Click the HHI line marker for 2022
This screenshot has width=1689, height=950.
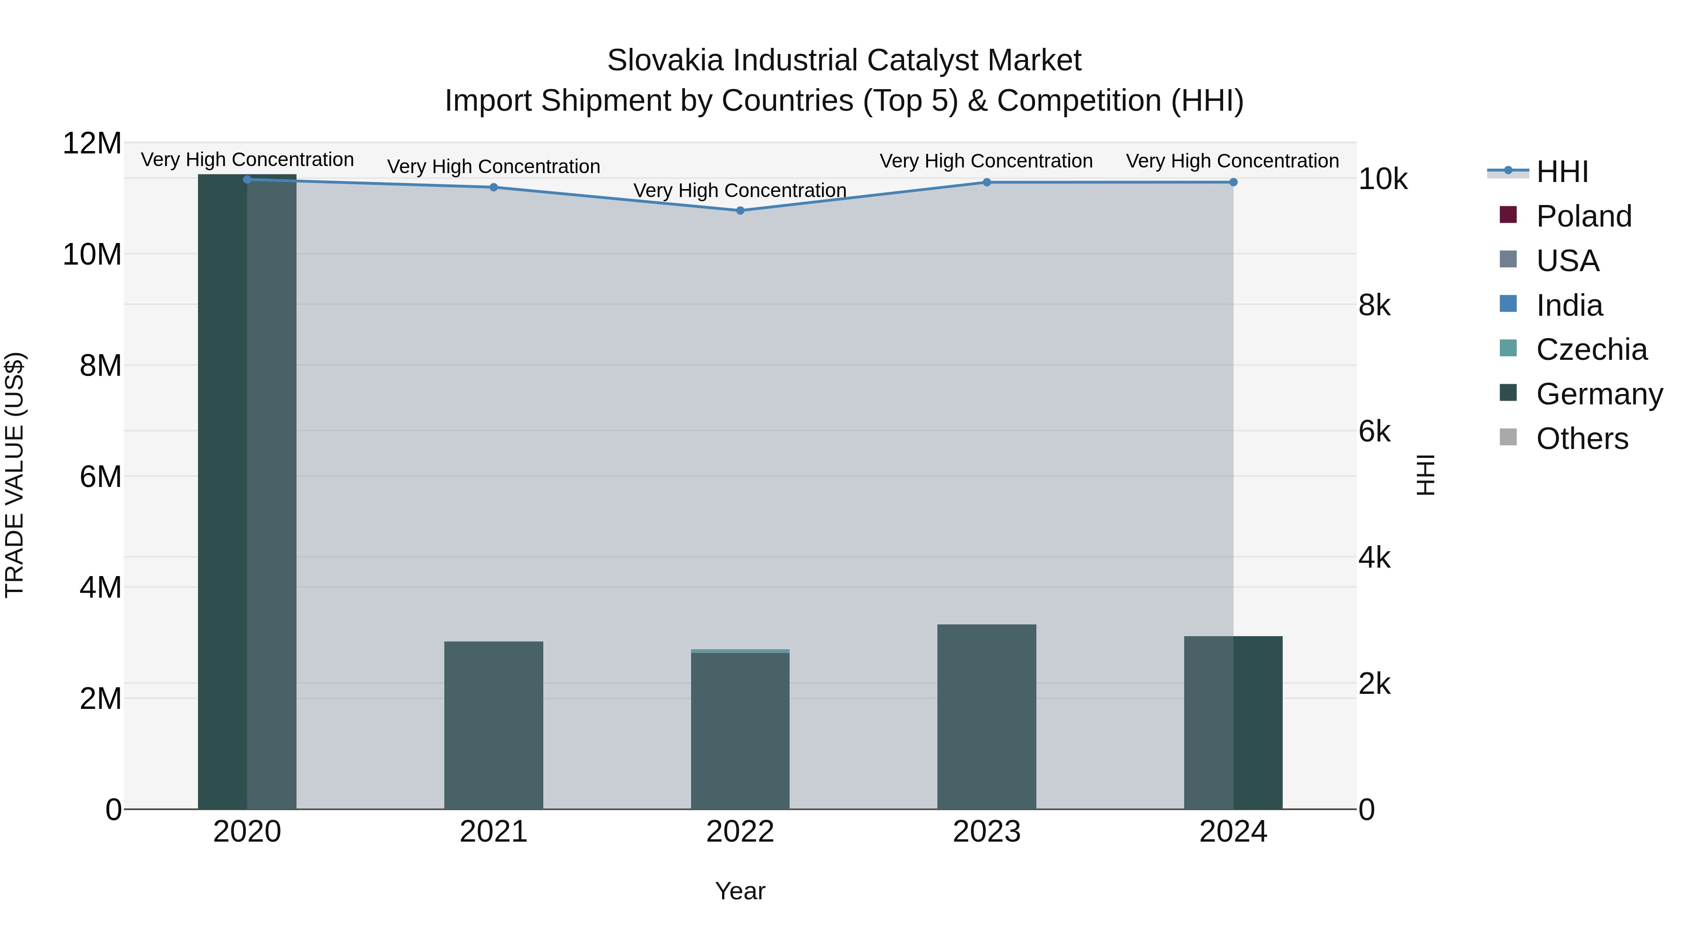coord(740,211)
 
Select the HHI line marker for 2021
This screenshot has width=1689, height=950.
coord(494,188)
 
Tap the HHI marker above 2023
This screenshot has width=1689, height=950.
coord(987,182)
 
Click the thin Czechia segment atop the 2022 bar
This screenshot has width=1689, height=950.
coord(740,651)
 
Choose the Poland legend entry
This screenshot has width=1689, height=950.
coord(1583,216)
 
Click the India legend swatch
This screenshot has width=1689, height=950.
coord(1508,304)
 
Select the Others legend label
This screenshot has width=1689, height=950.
coord(1582,439)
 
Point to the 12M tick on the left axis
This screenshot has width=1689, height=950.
coord(92,143)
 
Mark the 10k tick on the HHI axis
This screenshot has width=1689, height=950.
coord(1383,179)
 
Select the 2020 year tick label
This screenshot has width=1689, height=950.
coord(247,832)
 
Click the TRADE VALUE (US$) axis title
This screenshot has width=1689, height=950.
coord(15,475)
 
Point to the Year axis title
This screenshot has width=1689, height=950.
coord(740,891)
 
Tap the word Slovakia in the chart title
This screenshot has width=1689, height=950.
coord(665,61)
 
